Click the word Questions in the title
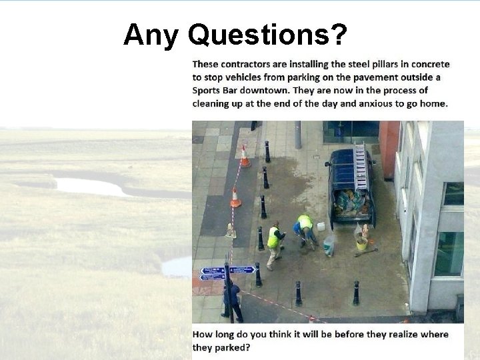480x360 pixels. [267, 35]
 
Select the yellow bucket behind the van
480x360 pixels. [361, 244]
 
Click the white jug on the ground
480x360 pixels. [321, 227]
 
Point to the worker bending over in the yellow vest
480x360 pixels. [305, 229]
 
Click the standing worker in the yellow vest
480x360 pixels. [274, 243]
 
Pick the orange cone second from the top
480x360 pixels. [235, 197]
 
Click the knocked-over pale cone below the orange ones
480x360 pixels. [231, 231]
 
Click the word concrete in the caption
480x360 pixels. [431, 65]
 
